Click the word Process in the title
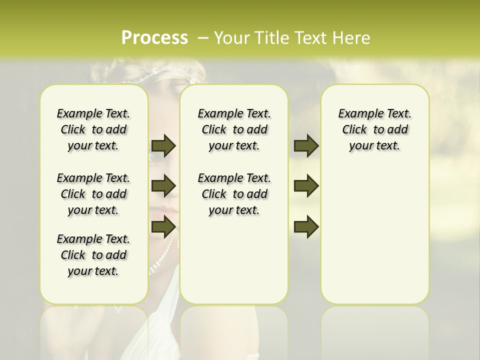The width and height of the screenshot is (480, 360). tap(154, 37)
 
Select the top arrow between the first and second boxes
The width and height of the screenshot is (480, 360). tap(163, 145)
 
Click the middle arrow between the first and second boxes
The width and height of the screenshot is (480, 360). tap(163, 185)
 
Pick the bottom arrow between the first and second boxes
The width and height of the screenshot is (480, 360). tap(163, 227)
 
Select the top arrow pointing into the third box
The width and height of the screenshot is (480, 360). tap(306, 145)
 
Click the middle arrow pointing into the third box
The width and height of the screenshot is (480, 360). tap(306, 185)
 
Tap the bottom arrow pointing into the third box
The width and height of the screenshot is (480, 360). tap(306, 227)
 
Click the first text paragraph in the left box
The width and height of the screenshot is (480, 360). tap(93, 129)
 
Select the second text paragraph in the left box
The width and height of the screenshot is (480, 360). tap(93, 194)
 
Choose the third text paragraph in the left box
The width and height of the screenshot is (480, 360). tap(93, 255)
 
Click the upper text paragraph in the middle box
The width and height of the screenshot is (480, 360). tap(234, 129)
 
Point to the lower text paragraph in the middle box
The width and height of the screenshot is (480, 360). tap(234, 194)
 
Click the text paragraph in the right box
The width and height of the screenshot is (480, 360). tap(374, 129)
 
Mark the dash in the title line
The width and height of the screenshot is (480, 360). tap(203, 37)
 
